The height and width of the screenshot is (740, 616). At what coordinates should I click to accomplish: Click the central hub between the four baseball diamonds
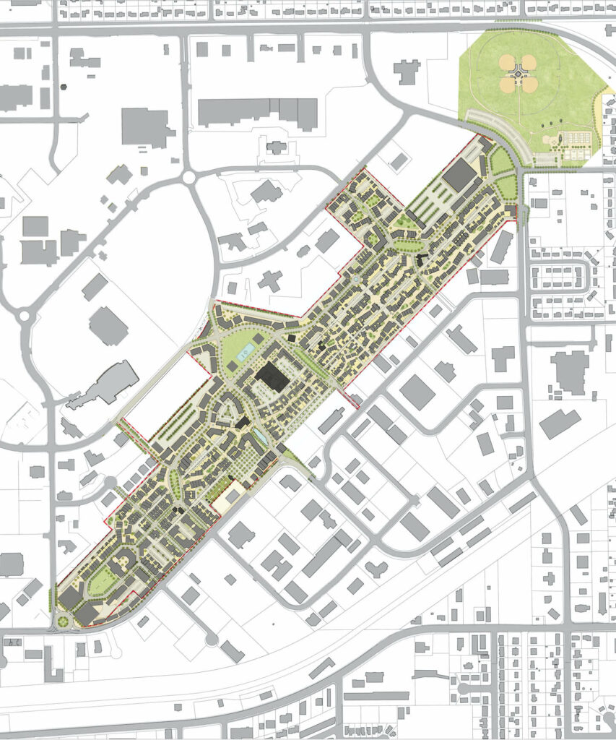(518, 73)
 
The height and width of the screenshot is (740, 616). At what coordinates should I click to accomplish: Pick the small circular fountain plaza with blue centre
(355, 279)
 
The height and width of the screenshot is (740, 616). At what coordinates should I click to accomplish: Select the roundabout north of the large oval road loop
(190, 176)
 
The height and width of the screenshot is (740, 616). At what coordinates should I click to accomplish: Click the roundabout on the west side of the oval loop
(25, 315)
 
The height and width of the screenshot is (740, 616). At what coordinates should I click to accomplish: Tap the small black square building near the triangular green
(291, 337)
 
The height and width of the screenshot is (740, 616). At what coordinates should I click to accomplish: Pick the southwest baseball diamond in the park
(508, 85)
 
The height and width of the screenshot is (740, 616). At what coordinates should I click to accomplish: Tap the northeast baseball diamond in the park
(529, 62)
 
